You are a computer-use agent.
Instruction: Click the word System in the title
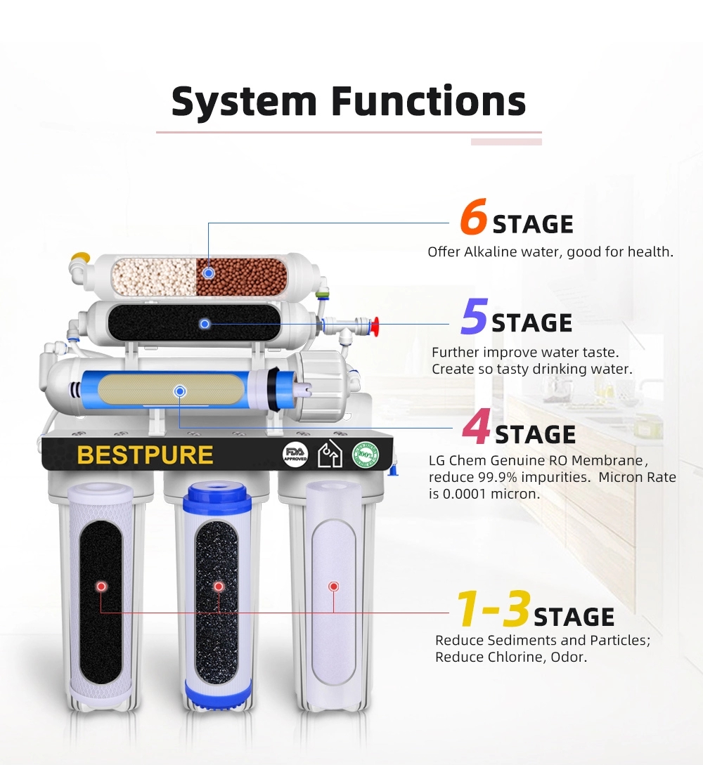point(244,101)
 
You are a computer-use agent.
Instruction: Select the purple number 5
point(474,316)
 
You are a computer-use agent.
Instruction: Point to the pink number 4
point(476,427)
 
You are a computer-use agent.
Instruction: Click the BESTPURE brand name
point(145,455)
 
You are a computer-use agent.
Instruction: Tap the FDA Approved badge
point(295,455)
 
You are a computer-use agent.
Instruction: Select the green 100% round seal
point(366,455)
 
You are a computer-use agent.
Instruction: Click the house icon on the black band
point(330,454)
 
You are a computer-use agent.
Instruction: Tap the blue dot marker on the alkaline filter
point(209,273)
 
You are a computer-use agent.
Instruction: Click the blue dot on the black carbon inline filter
point(205,324)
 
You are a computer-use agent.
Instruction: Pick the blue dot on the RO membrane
point(180,391)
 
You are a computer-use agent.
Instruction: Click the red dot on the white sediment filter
point(334,587)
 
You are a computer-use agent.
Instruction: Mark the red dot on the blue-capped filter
point(219,587)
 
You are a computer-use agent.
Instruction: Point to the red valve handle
point(375,324)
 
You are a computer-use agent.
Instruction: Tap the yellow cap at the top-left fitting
point(81,256)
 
